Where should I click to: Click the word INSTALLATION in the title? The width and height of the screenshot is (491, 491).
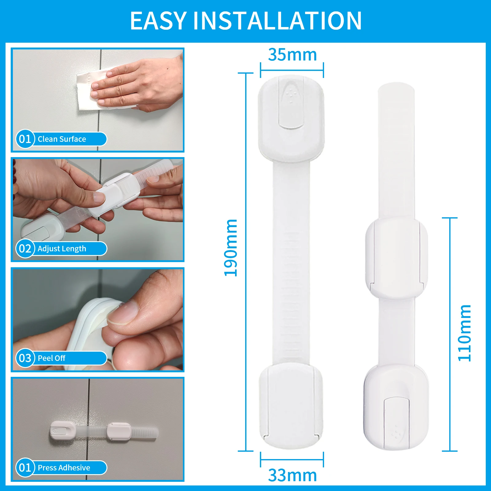[x=277, y=21]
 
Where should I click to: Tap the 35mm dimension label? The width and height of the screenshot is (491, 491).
[x=292, y=55]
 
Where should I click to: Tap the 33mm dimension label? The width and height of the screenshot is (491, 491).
[x=292, y=475]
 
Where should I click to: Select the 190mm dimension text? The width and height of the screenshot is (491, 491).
[x=231, y=248]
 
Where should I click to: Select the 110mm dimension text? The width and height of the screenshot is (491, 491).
[x=464, y=333]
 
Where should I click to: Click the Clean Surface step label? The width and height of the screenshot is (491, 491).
[x=62, y=139]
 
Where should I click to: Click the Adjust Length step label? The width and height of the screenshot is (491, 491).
[x=62, y=249]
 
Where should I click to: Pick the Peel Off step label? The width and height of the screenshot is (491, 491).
[x=52, y=358]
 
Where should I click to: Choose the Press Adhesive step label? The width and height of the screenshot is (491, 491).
[x=64, y=468]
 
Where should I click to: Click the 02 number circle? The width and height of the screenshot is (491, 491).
[x=25, y=249]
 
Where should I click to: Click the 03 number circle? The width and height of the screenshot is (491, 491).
[x=25, y=358]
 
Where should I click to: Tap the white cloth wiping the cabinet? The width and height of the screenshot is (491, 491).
[x=89, y=92]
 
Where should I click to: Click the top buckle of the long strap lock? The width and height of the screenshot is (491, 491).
[x=291, y=118]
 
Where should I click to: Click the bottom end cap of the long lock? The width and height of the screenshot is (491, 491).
[x=291, y=405]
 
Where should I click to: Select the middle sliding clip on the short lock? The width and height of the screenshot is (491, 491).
[x=396, y=258]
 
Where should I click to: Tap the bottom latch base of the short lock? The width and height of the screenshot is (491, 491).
[x=396, y=408]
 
